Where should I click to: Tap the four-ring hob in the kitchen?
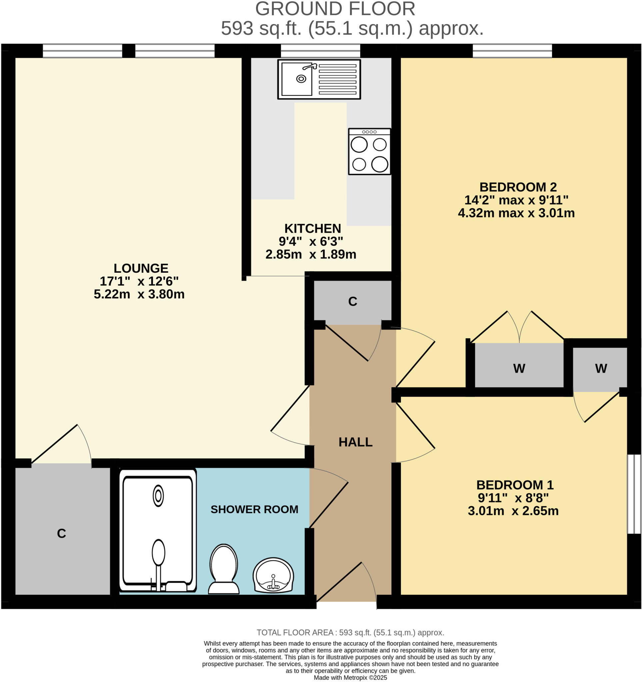click(369, 152)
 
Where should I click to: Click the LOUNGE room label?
click(141, 268)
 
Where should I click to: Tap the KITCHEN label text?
click(312, 228)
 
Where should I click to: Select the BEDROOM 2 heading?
click(518, 187)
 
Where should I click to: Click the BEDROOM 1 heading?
click(515, 485)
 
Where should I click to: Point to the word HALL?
click(355, 442)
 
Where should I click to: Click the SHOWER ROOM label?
click(254, 510)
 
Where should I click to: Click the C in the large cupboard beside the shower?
click(61, 533)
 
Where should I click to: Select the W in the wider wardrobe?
click(519, 368)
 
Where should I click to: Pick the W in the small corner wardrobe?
click(601, 368)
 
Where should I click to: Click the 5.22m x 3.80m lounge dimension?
click(139, 294)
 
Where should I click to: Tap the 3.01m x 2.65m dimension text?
click(513, 511)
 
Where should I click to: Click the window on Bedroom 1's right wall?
click(634, 494)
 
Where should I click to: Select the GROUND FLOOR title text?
click(335, 9)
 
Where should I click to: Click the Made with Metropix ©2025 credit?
click(350, 678)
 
